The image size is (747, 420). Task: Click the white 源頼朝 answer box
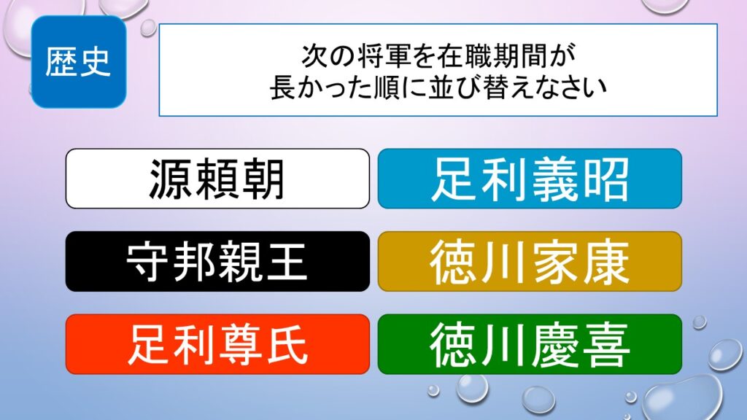[x=217, y=179]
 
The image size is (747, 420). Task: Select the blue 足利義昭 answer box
[x=530, y=179]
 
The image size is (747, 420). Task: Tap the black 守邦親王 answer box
[x=217, y=262]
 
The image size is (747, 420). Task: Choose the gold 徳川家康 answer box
[x=530, y=262]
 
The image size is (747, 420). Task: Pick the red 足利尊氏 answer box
[x=217, y=344]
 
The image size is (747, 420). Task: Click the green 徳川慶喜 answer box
[x=530, y=344]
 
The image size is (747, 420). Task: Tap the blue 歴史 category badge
[x=79, y=62]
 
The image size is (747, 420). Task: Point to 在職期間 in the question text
[x=492, y=55]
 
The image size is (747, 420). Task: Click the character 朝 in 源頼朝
[x=263, y=179]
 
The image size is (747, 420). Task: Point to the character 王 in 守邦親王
[x=285, y=262]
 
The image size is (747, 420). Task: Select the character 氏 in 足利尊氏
[x=286, y=345]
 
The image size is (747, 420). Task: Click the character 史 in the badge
[x=96, y=63]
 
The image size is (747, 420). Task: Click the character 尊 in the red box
[x=240, y=345]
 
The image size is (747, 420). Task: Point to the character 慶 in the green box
[x=555, y=345]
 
